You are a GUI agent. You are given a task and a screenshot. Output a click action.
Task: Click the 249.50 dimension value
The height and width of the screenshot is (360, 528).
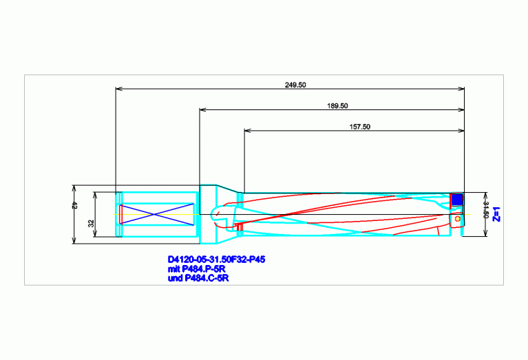tap(295, 85)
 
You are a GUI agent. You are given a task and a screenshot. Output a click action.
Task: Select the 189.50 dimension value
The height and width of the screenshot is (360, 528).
tap(337, 106)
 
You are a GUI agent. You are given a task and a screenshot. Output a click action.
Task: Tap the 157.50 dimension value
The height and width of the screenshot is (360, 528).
tap(359, 127)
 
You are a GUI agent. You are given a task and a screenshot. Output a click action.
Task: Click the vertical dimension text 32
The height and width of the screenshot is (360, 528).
tap(92, 223)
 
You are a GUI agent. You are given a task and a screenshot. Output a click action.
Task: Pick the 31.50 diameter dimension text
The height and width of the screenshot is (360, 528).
tap(485, 210)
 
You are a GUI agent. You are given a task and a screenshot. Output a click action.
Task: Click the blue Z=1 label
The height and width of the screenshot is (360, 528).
tap(496, 214)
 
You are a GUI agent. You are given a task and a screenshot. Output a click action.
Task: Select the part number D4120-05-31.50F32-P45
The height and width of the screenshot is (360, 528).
tap(217, 260)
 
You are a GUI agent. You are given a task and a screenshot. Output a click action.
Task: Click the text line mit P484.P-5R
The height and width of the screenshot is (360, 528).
tap(197, 269)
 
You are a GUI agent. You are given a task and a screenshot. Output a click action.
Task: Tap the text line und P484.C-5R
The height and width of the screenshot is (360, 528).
tap(198, 278)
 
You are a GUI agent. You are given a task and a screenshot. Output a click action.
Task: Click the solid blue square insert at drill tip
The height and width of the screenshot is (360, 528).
tap(456, 200)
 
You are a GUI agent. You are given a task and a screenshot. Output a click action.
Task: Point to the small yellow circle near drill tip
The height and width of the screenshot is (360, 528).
tap(457, 219)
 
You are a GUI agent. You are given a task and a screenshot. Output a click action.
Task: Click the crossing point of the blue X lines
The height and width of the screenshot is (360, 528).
tap(154, 214)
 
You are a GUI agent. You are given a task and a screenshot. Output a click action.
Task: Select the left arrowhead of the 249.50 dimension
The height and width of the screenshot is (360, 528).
tap(118, 89)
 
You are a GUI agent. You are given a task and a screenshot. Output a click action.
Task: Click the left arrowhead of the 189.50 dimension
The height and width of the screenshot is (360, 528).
tap(202, 109)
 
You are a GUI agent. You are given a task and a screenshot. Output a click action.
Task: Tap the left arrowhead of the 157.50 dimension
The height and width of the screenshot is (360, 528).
tap(248, 131)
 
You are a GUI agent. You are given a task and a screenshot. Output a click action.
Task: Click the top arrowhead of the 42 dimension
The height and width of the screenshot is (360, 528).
tap(74, 188)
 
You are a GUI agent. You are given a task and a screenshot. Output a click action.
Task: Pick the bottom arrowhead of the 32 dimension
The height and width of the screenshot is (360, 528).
tap(95, 234)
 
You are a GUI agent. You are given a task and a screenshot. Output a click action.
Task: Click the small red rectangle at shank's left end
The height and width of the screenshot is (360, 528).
tap(120, 214)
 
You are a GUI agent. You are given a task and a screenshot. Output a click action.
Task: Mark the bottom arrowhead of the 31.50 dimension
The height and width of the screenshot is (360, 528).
tap(485, 233)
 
